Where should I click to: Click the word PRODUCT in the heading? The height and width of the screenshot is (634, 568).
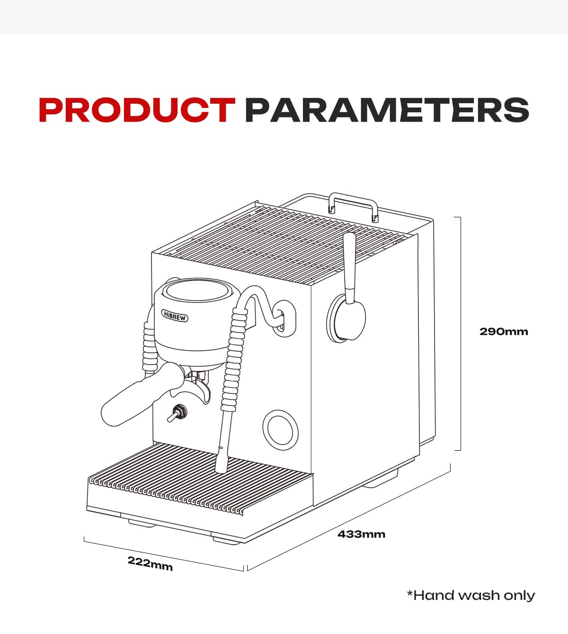pyautogui.click(x=137, y=110)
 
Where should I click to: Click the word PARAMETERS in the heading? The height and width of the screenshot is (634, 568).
pyautogui.click(x=386, y=110)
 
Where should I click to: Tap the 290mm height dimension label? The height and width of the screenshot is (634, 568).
pyautogui.click(x=504, y=331)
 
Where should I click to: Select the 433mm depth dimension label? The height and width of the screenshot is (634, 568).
pyautogui.click(x=361, y=534)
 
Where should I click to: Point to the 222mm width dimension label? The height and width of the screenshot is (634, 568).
pyautogui.click(x=150, y=563)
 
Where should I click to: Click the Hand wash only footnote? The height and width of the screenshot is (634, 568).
pyautogui.click(x=471, y=595)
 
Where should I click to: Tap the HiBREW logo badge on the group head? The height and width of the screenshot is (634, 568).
pyautogui.click(x=175, y=316)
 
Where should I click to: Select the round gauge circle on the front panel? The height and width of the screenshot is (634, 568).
pyautogui.click(x=280, y=428)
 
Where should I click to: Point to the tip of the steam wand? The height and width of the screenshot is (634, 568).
pyautogui.click(x=221, y=468)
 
